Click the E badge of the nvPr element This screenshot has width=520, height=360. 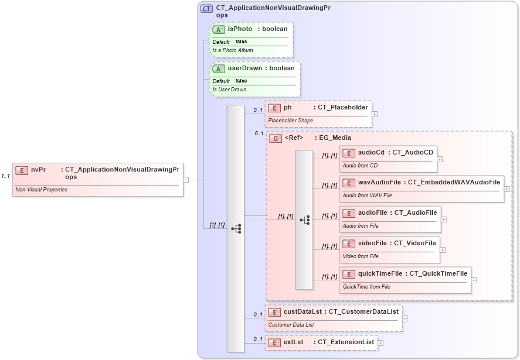pos(22,170)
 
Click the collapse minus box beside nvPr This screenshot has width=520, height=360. pos(186,180)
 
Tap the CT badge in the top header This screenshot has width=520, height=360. pos(206,9)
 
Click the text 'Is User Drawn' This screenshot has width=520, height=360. pos(229,90)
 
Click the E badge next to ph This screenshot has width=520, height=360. pos(274,108)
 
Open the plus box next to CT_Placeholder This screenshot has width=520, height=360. pos(375,115)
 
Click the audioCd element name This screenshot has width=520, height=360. pos(371,153)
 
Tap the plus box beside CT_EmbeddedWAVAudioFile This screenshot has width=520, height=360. pos(507,189)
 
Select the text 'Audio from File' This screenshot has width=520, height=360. pos(361,226)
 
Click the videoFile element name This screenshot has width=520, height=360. pos(372,243)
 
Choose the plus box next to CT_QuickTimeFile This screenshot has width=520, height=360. pos(474,280)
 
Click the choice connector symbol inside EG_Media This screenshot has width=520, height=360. pos(304,220)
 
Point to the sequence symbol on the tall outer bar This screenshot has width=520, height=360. pos(236,228)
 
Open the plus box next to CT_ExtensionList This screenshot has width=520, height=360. pos(380,343)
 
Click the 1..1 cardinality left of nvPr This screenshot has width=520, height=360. pos(5,176)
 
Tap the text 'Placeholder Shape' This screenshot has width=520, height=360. pos(291,121)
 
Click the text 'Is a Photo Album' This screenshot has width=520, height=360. pos(233,51)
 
